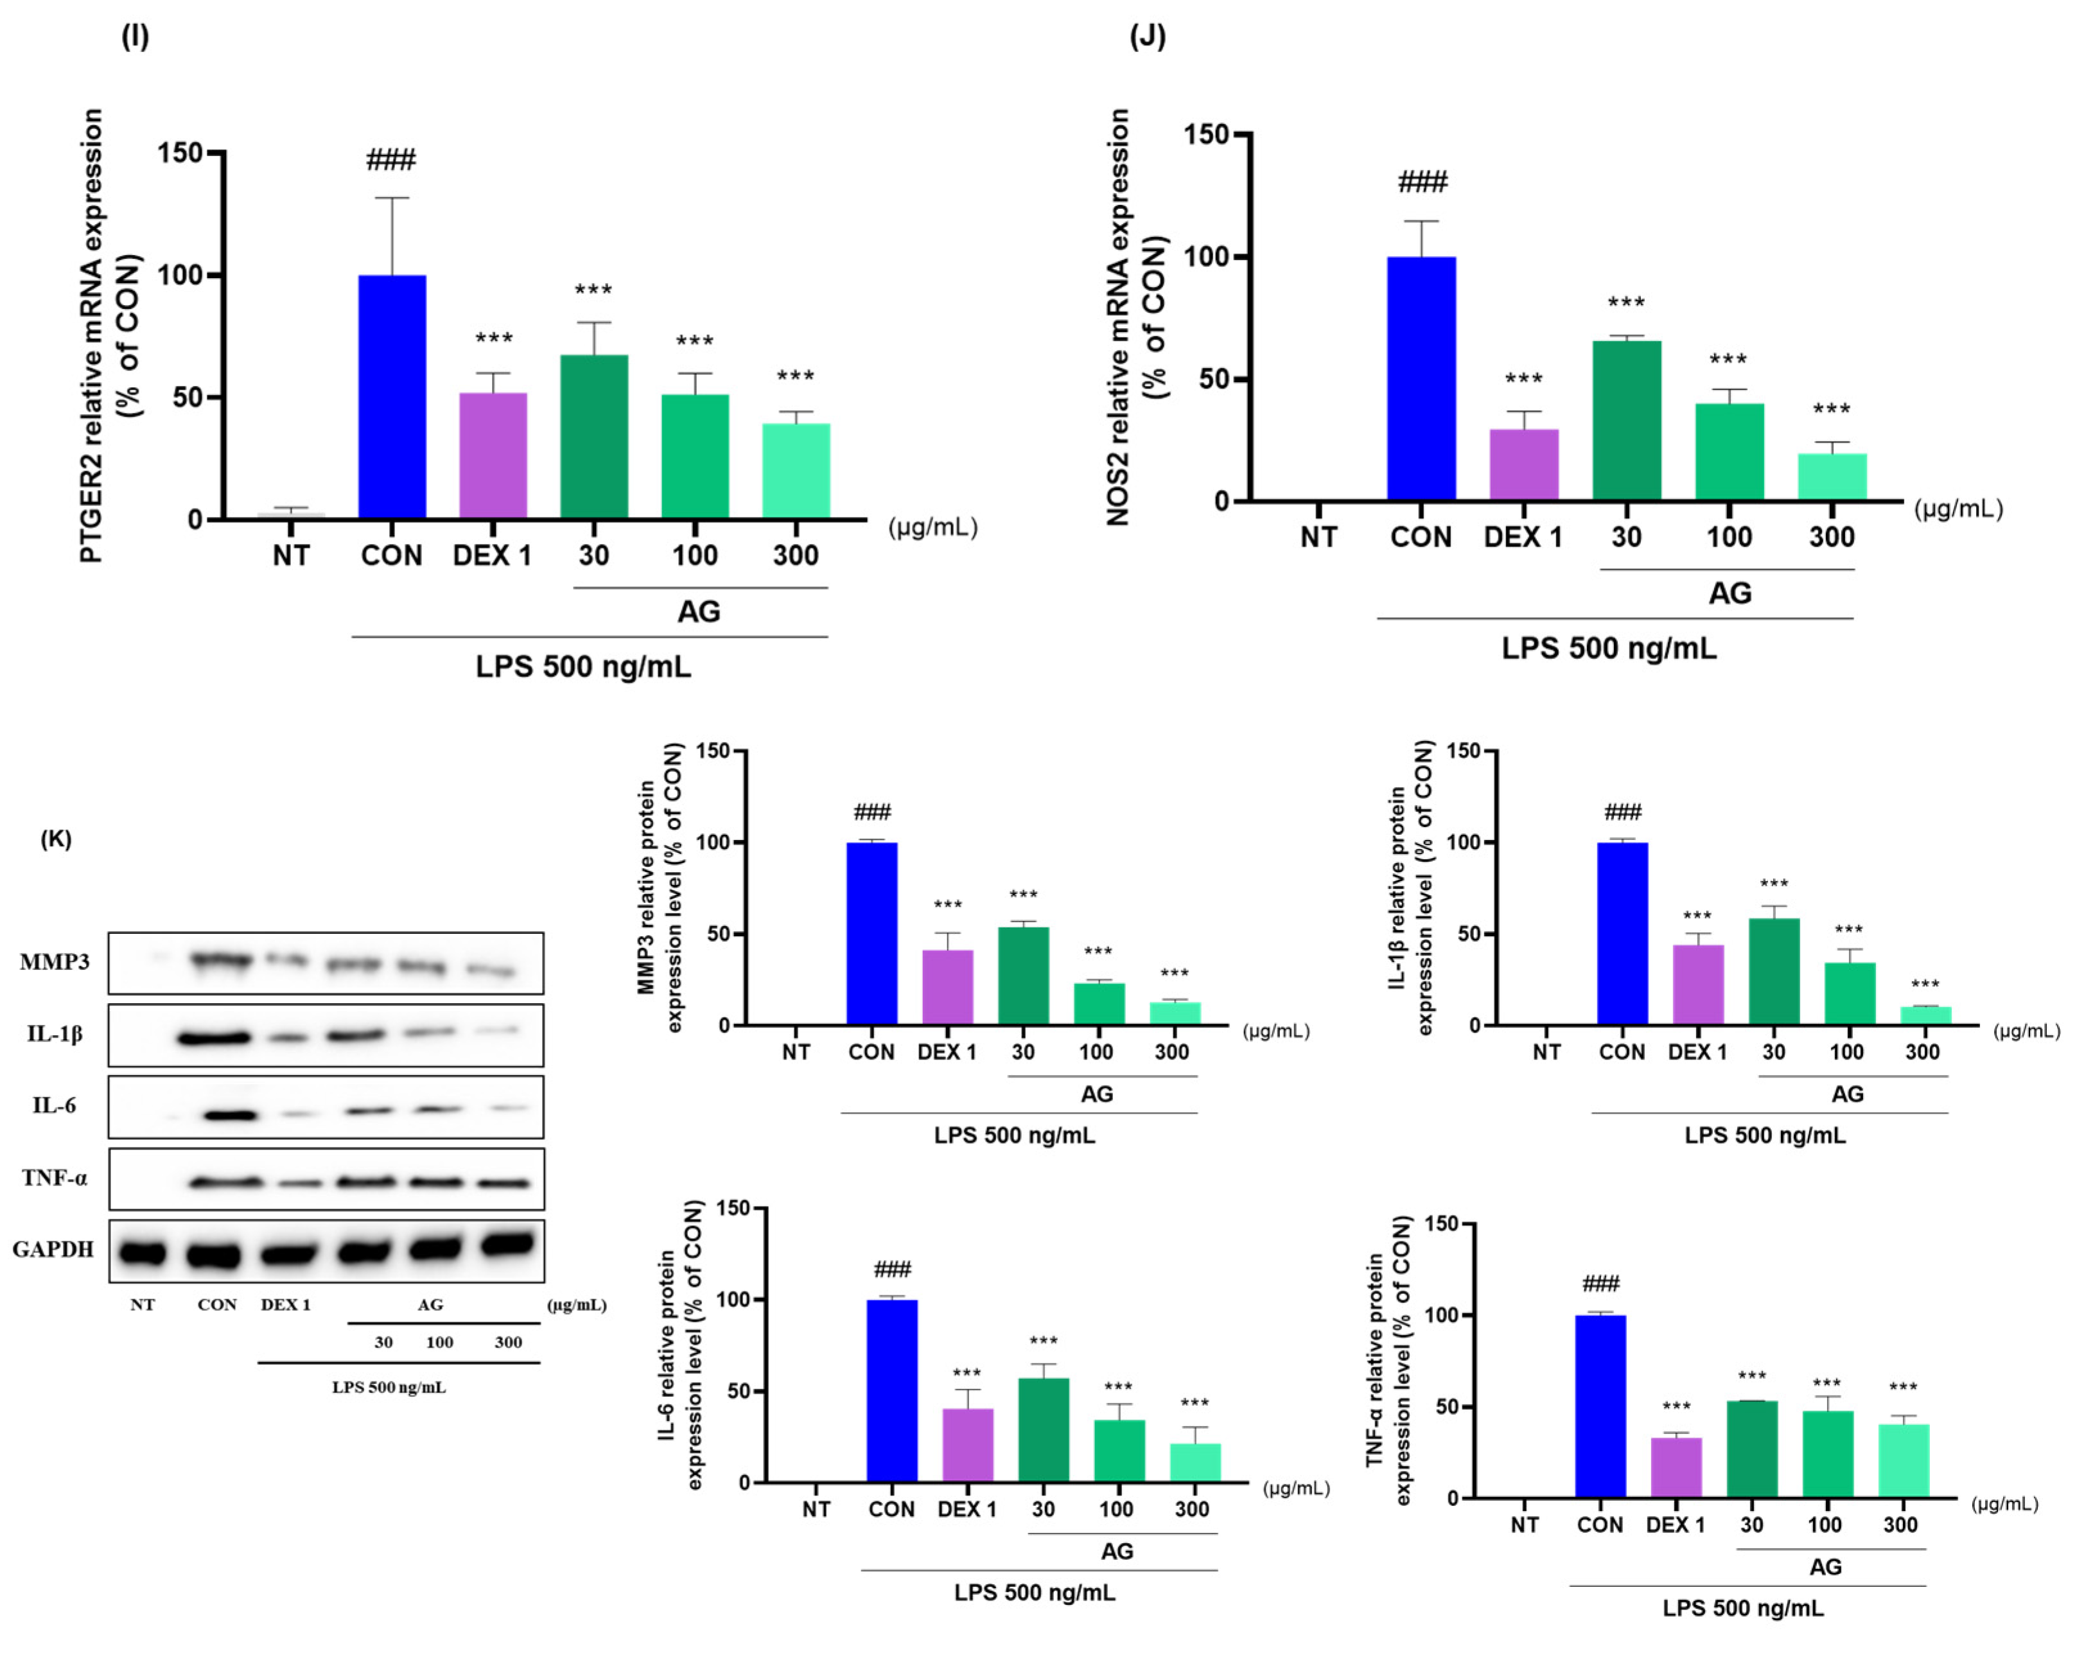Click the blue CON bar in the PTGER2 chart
(392, 397)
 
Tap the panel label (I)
(135, 37)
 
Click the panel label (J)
(1147, 37)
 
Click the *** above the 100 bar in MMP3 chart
(1098, 952)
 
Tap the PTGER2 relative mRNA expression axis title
(91, 335)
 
